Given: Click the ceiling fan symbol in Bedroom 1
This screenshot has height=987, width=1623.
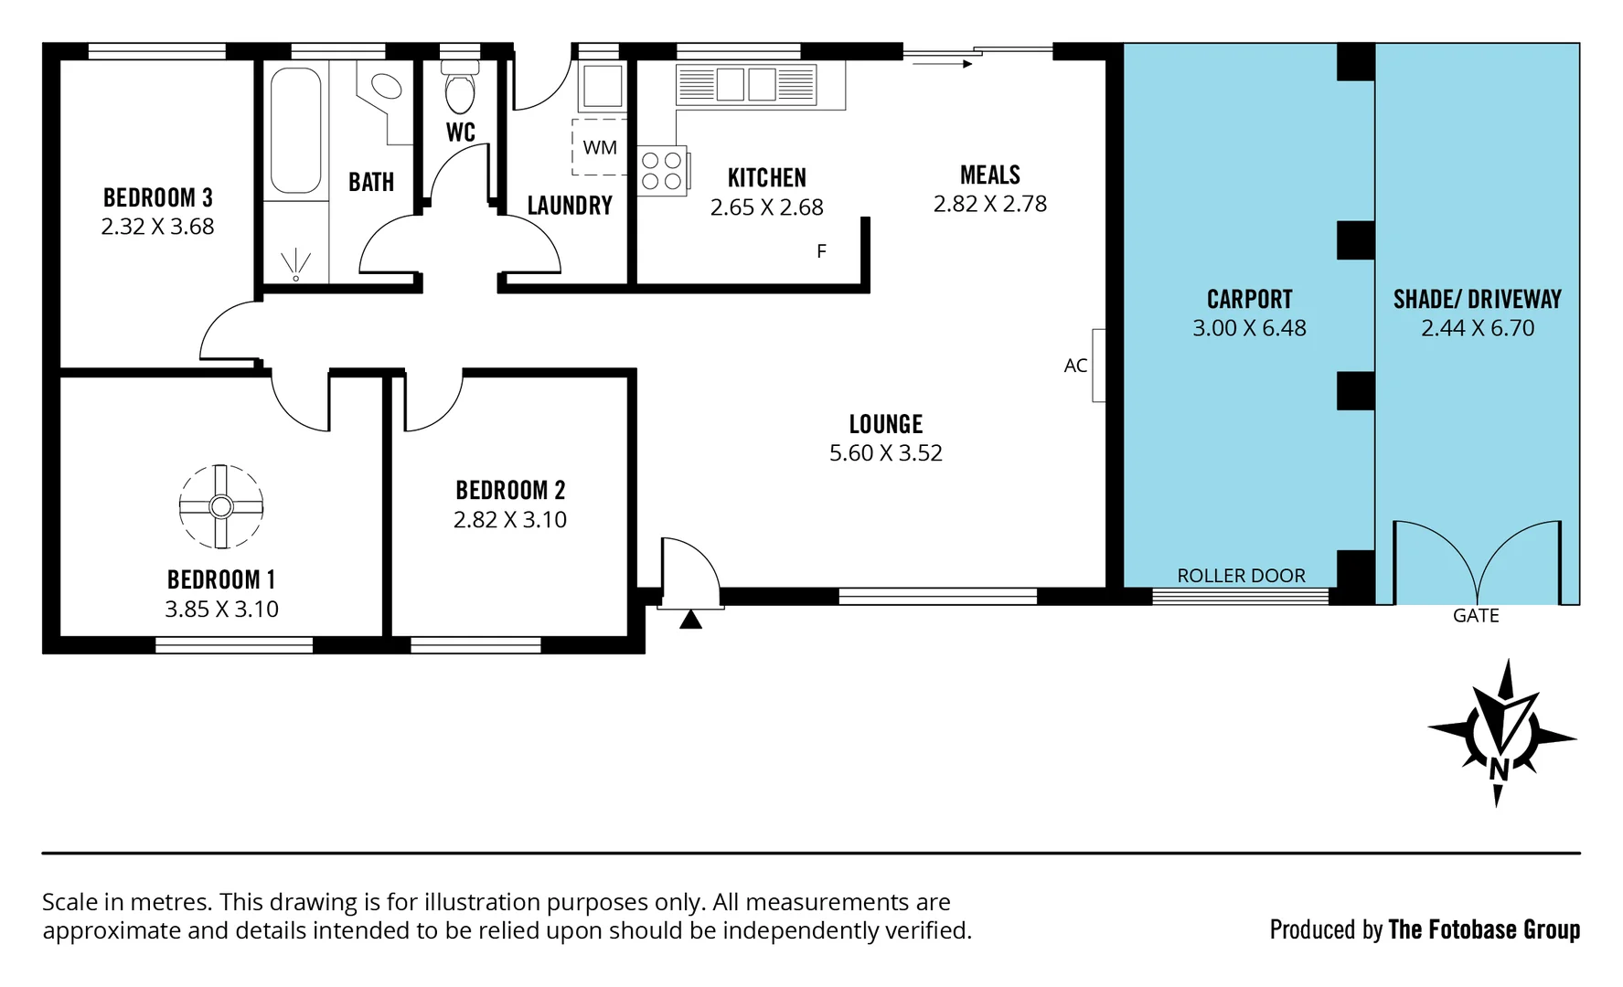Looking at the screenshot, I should coord(221,506).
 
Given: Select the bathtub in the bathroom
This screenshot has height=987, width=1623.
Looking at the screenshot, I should coord(295,130).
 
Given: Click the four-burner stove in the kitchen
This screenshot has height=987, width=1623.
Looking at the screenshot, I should coord(662,171).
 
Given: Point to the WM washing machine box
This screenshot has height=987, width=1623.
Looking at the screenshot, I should coord(600,147).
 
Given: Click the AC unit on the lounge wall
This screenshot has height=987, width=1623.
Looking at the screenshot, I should coord(1098,365).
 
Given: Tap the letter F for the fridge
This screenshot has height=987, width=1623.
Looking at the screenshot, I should coord(821,251).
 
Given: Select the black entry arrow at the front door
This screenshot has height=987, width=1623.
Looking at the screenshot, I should coord(691,620).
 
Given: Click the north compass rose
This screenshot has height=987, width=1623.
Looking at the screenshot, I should coord(1500,735).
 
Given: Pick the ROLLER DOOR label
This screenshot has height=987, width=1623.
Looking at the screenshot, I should coord(1241,576).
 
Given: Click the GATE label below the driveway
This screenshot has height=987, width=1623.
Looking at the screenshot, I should coord(1475,616).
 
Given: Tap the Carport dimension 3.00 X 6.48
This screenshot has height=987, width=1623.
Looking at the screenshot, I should coord(1249,328).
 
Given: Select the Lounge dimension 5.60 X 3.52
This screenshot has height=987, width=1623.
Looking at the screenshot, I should coord(885,453).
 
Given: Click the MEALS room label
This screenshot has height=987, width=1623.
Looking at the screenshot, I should coord(989,175).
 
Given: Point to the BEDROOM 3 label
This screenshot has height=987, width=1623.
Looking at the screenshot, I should coord(157,197).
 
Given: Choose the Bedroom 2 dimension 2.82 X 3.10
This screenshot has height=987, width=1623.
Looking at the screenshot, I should coord(509,520).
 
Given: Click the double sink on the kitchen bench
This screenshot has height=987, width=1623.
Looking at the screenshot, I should coord(746,84).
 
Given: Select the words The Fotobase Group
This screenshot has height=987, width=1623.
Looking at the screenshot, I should coord(1483,929).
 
